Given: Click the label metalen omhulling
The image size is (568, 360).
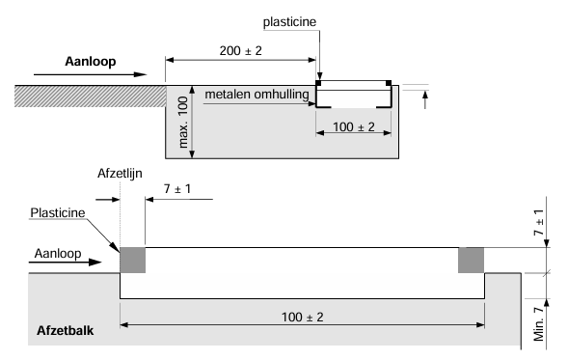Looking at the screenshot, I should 254,94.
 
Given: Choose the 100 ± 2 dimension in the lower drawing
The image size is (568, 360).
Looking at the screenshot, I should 301,316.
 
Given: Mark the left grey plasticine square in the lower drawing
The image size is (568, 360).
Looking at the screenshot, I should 131,261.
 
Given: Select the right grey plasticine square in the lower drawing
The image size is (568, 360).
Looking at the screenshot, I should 471,261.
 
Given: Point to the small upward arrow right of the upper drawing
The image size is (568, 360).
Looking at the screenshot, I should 420,96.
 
